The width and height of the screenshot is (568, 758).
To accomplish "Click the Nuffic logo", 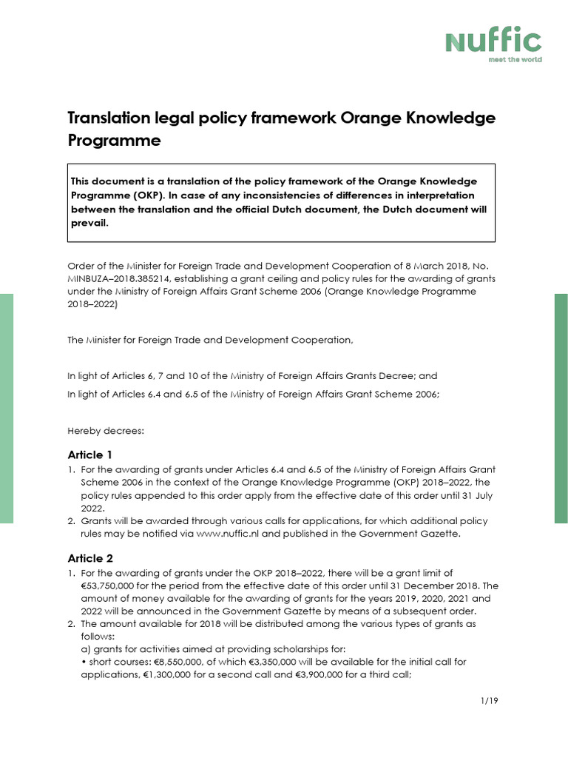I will coord(493,41).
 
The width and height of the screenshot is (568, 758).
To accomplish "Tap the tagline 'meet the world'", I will coord(515,59).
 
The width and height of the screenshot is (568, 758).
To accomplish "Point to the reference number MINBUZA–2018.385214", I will coord(124,278).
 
